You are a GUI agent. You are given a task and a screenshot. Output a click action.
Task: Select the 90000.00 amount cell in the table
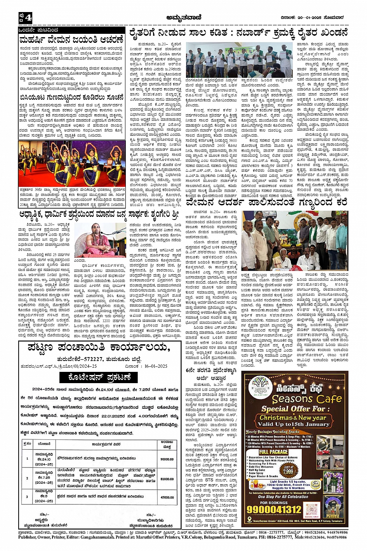tap(167, 459)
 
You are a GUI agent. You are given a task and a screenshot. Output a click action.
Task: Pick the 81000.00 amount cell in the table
tap(167, 479)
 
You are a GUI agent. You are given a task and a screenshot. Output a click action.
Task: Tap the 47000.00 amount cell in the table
tap(167, 497)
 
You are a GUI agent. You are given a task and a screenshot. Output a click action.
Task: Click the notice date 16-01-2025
tap(153, 366)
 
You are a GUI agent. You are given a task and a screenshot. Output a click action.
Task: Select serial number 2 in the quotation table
tap(27, 478)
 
